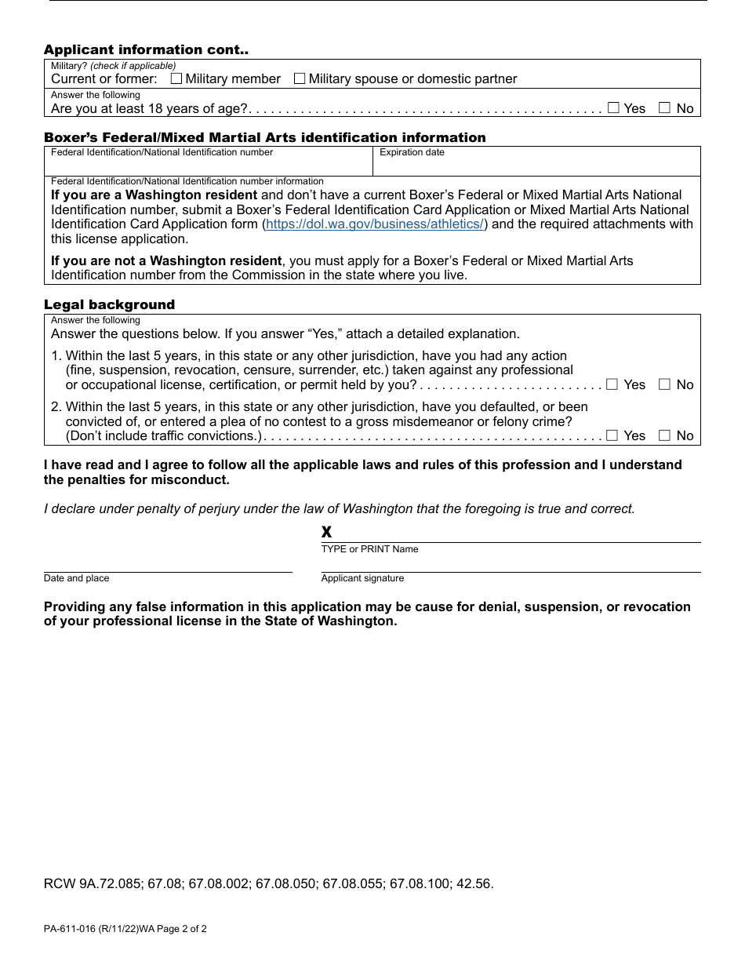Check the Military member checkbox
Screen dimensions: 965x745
point(176,78)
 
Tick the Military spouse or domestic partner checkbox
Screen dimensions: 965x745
point(300,78)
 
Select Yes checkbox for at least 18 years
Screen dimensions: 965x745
point(613,108)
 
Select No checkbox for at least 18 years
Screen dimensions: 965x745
point(665,108)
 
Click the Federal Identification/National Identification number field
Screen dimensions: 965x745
point(208,165)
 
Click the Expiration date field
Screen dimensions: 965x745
point(536,165)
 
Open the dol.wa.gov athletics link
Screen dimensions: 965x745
point(375,224)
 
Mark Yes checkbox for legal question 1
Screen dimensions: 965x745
point(612,384)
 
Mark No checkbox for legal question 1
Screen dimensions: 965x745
point(665,384)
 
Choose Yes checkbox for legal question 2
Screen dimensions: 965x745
point(612,435)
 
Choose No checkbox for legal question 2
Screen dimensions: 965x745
point(665,435)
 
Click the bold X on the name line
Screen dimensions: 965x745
point(327,533)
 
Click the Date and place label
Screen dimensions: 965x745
point(77,578)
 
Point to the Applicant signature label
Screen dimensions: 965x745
point(362,578)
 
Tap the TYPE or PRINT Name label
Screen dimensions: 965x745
point(369,549)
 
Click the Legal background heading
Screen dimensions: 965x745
point(109,304)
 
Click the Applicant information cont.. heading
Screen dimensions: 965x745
point(146,49)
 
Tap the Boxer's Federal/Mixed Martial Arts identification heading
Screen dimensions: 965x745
point(264,137)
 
